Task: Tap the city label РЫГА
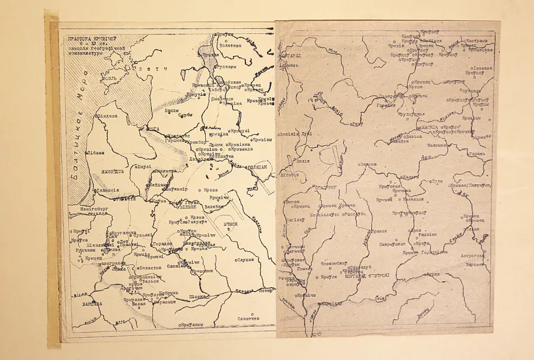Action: tap(153, 129)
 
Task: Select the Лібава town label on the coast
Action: tap(94, 151)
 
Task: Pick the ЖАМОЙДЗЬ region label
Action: tap(99, 173)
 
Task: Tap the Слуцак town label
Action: tap(244, 260)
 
